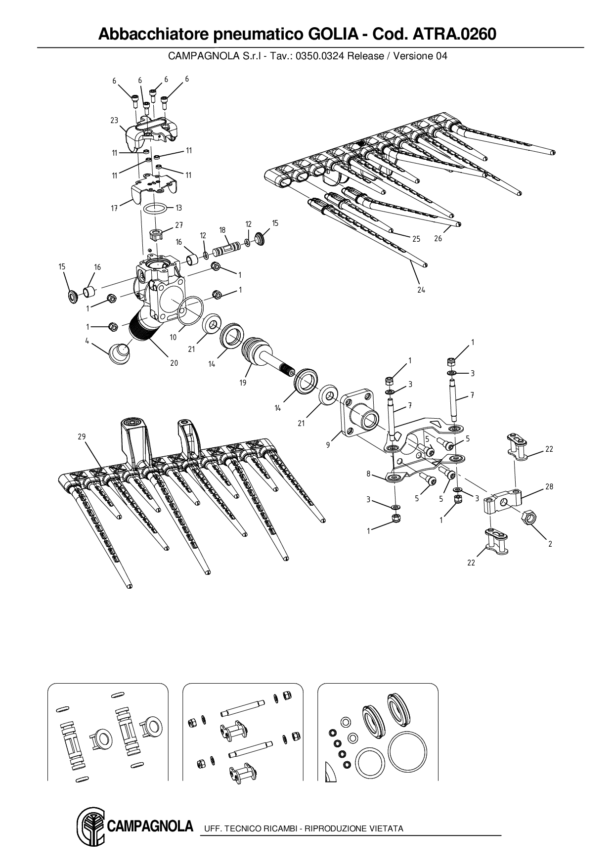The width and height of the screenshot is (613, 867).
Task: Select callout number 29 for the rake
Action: pos(82,436)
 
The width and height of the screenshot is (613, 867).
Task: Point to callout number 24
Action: pos(421,290)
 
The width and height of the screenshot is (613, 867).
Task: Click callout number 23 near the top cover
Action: pos(114,120)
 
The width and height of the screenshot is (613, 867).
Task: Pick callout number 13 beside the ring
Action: pos(178,208)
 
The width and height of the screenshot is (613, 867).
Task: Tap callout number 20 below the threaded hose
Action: pos(174,362)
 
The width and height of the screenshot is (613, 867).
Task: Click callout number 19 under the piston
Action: pos(243,383)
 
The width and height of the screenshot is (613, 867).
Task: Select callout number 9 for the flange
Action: pos(328,445)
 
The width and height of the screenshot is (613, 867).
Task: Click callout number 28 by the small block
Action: pos(549,487)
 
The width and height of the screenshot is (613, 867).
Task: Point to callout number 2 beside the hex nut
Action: pos(550,544)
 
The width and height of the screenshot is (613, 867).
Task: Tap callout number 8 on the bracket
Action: pos(368,474)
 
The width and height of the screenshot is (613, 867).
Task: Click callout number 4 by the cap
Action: pos(87,341)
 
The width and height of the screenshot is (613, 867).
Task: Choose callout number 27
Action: pos(179,225)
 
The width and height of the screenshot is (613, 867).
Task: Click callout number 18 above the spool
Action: pos(222,230)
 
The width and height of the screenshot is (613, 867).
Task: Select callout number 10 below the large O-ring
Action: pos(174,337)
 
